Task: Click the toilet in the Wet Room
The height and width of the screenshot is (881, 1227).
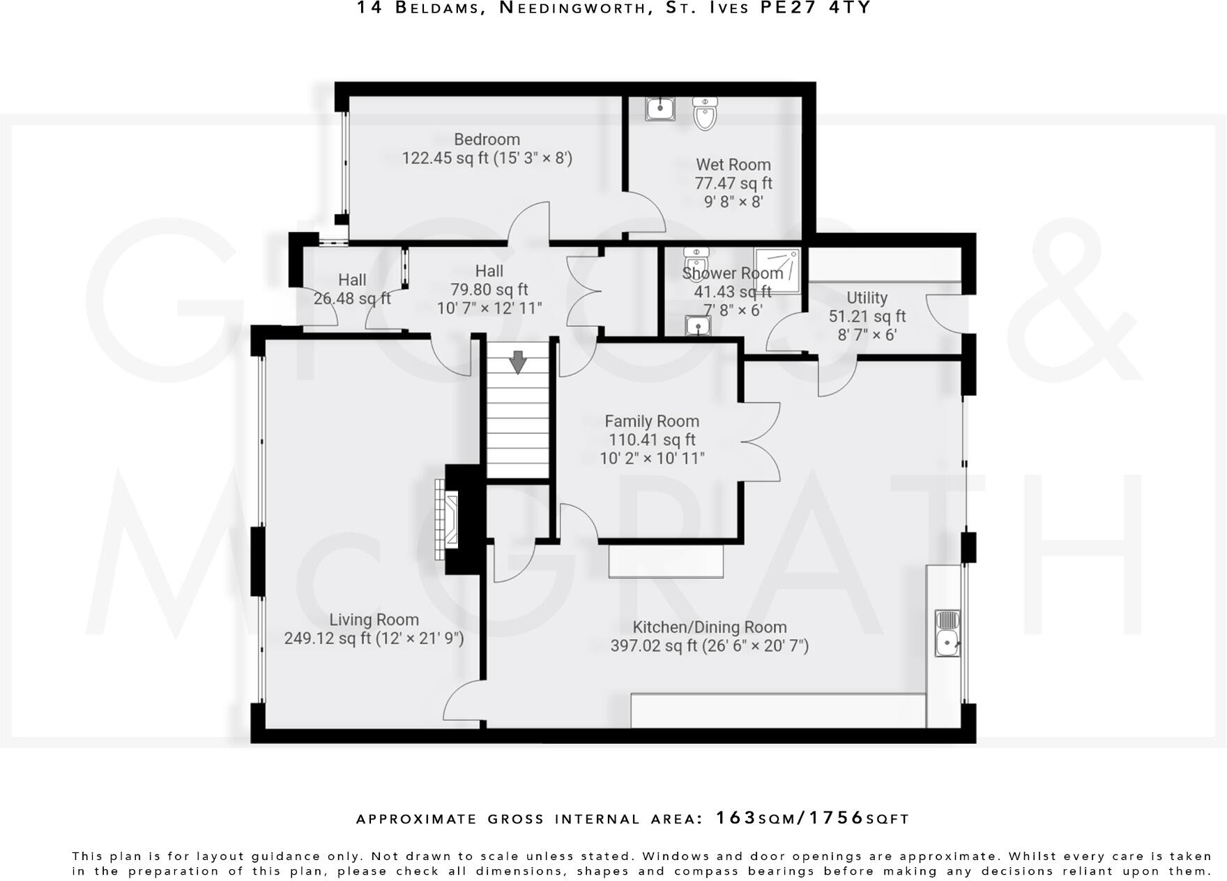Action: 705,114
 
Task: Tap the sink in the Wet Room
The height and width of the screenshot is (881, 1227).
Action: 660,108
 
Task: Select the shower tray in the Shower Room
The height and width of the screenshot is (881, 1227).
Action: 777,270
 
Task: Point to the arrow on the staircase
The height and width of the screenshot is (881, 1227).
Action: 518,362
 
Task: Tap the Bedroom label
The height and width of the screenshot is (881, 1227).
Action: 487,139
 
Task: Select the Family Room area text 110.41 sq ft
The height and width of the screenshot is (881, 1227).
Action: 652,440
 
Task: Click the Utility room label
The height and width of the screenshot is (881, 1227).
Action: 867,298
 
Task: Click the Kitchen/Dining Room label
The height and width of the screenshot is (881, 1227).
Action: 709,627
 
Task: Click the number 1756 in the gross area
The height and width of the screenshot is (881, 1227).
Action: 836,818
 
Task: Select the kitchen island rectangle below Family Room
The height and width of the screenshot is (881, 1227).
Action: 666,562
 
